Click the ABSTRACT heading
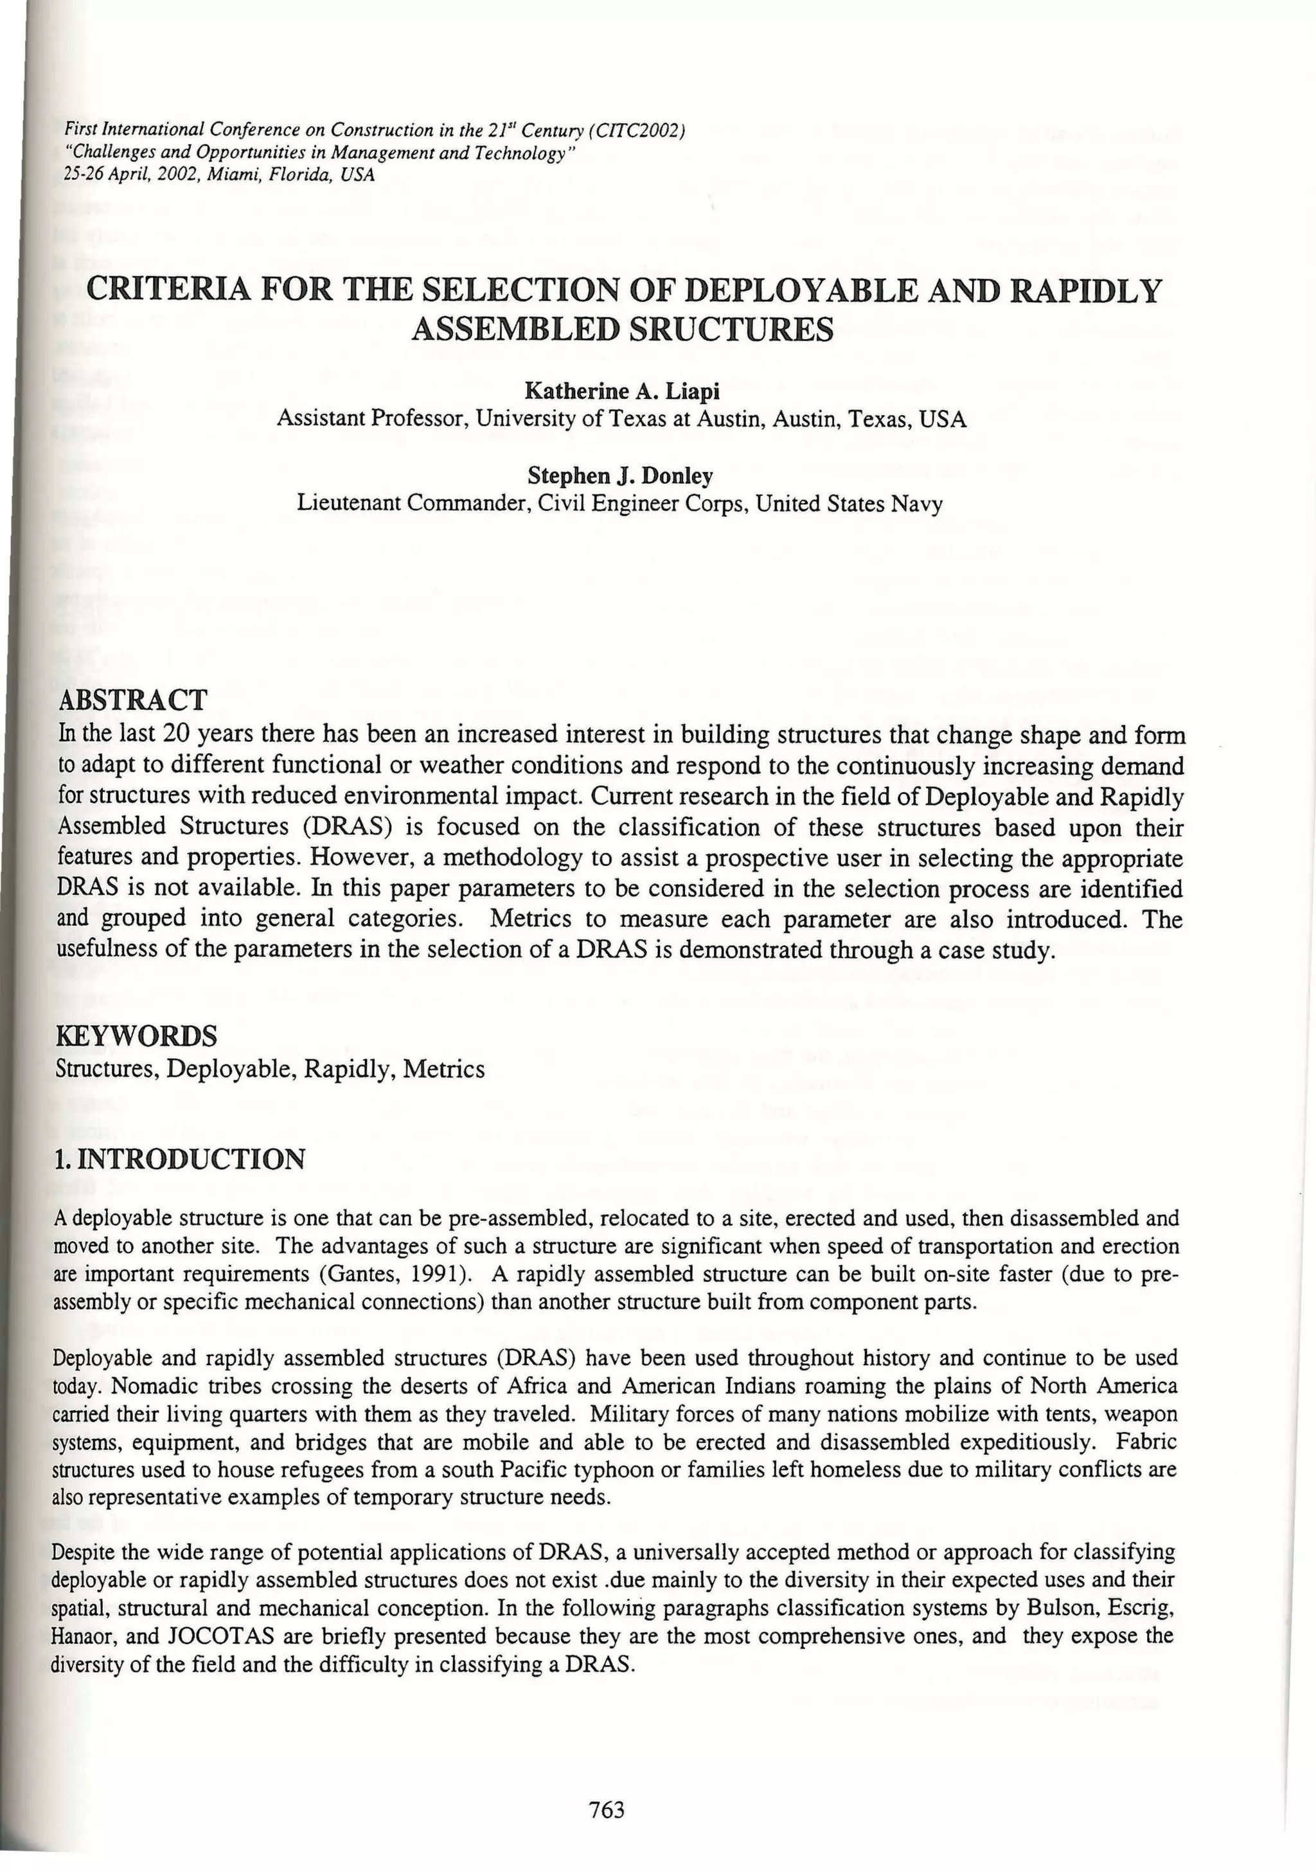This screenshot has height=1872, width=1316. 134,700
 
